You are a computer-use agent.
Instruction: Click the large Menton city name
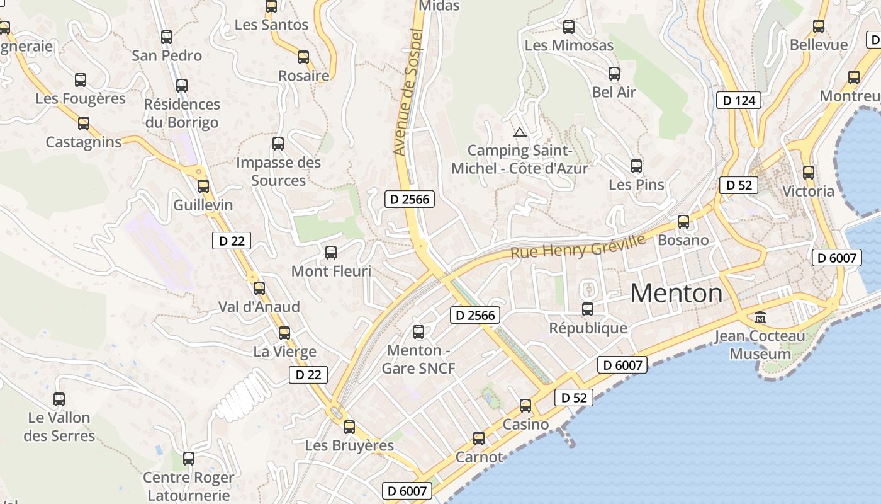pos(676,294)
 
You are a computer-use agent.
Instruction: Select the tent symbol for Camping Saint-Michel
pos(519,132)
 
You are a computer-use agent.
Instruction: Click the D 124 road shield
pos(739,100)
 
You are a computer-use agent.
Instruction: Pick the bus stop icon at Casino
pos(525,406)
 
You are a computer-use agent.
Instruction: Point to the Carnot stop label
pos(480,457)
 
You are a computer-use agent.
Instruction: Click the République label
pos(588,328)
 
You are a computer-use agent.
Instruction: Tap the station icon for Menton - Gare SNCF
pos(418,332)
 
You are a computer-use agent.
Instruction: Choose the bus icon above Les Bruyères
pos(349,427)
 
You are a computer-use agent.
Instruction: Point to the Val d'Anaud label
pos(259,307)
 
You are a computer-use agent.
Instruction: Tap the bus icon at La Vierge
pos(284,333)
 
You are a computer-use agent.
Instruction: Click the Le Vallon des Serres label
pos(59,427)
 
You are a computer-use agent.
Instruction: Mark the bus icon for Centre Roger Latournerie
pos(188,459)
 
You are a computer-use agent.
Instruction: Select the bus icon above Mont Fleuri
pos(331,253)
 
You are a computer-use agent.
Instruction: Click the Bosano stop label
pos(683,240)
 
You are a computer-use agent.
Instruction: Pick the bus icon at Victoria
pos(809,172)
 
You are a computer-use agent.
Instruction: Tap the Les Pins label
pos(636,185)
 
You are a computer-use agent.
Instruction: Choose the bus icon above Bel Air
pos(614,74)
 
